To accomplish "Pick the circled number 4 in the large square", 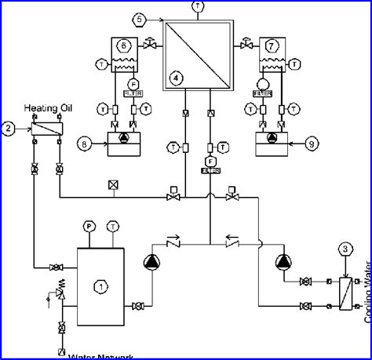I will [176, 78].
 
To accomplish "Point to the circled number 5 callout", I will [140, 18].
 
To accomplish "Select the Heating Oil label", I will [47, 107].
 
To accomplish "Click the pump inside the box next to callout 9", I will [272, 138].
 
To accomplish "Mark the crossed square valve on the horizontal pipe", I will [115, 185].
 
